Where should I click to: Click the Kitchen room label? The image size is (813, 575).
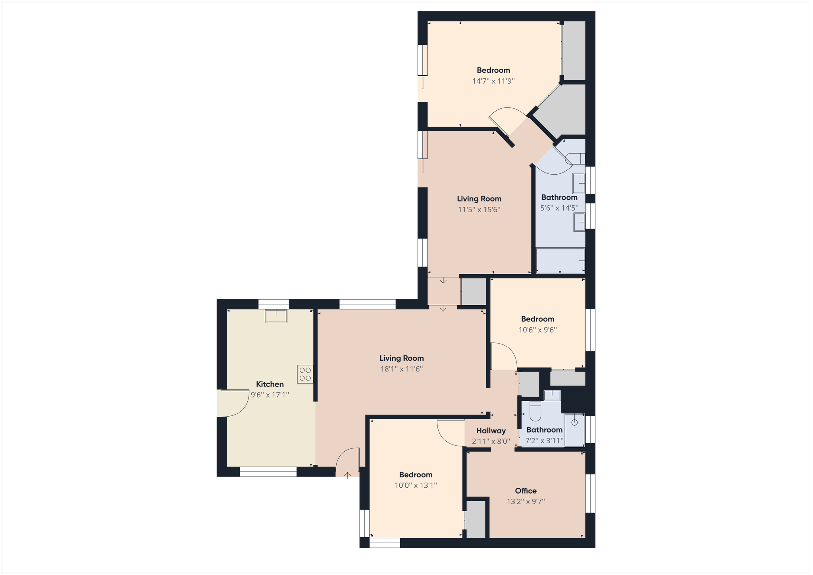[270, 384]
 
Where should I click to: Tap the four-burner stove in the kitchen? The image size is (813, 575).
[305, 374]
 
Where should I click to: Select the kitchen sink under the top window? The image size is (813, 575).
[276, 316]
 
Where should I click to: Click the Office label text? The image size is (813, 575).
[526, 491]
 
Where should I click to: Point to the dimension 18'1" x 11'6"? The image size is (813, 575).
[401, 369]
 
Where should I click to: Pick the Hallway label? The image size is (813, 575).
[491, 431]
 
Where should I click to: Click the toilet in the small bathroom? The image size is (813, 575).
[535, 412]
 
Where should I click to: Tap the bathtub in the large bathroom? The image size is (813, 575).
[560, 260]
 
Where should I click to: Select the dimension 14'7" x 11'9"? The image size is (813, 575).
[493, 81]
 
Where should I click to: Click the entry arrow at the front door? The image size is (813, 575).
[347, 475]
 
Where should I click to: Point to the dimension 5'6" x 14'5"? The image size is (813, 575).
[559, 208]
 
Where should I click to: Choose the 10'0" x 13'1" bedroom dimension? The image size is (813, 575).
[416, 485]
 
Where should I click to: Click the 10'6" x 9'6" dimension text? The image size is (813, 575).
[538, 330]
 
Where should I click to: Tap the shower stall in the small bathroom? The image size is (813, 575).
[574, 430]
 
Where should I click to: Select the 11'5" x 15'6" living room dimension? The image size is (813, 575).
[479, 210]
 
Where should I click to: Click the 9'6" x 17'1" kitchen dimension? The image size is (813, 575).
[270, 395]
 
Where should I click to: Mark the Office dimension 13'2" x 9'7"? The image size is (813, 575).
[526, 502]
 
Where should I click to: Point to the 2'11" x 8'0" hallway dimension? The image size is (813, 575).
[491, 441]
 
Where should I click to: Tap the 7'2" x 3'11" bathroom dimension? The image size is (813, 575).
[544, 440]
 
